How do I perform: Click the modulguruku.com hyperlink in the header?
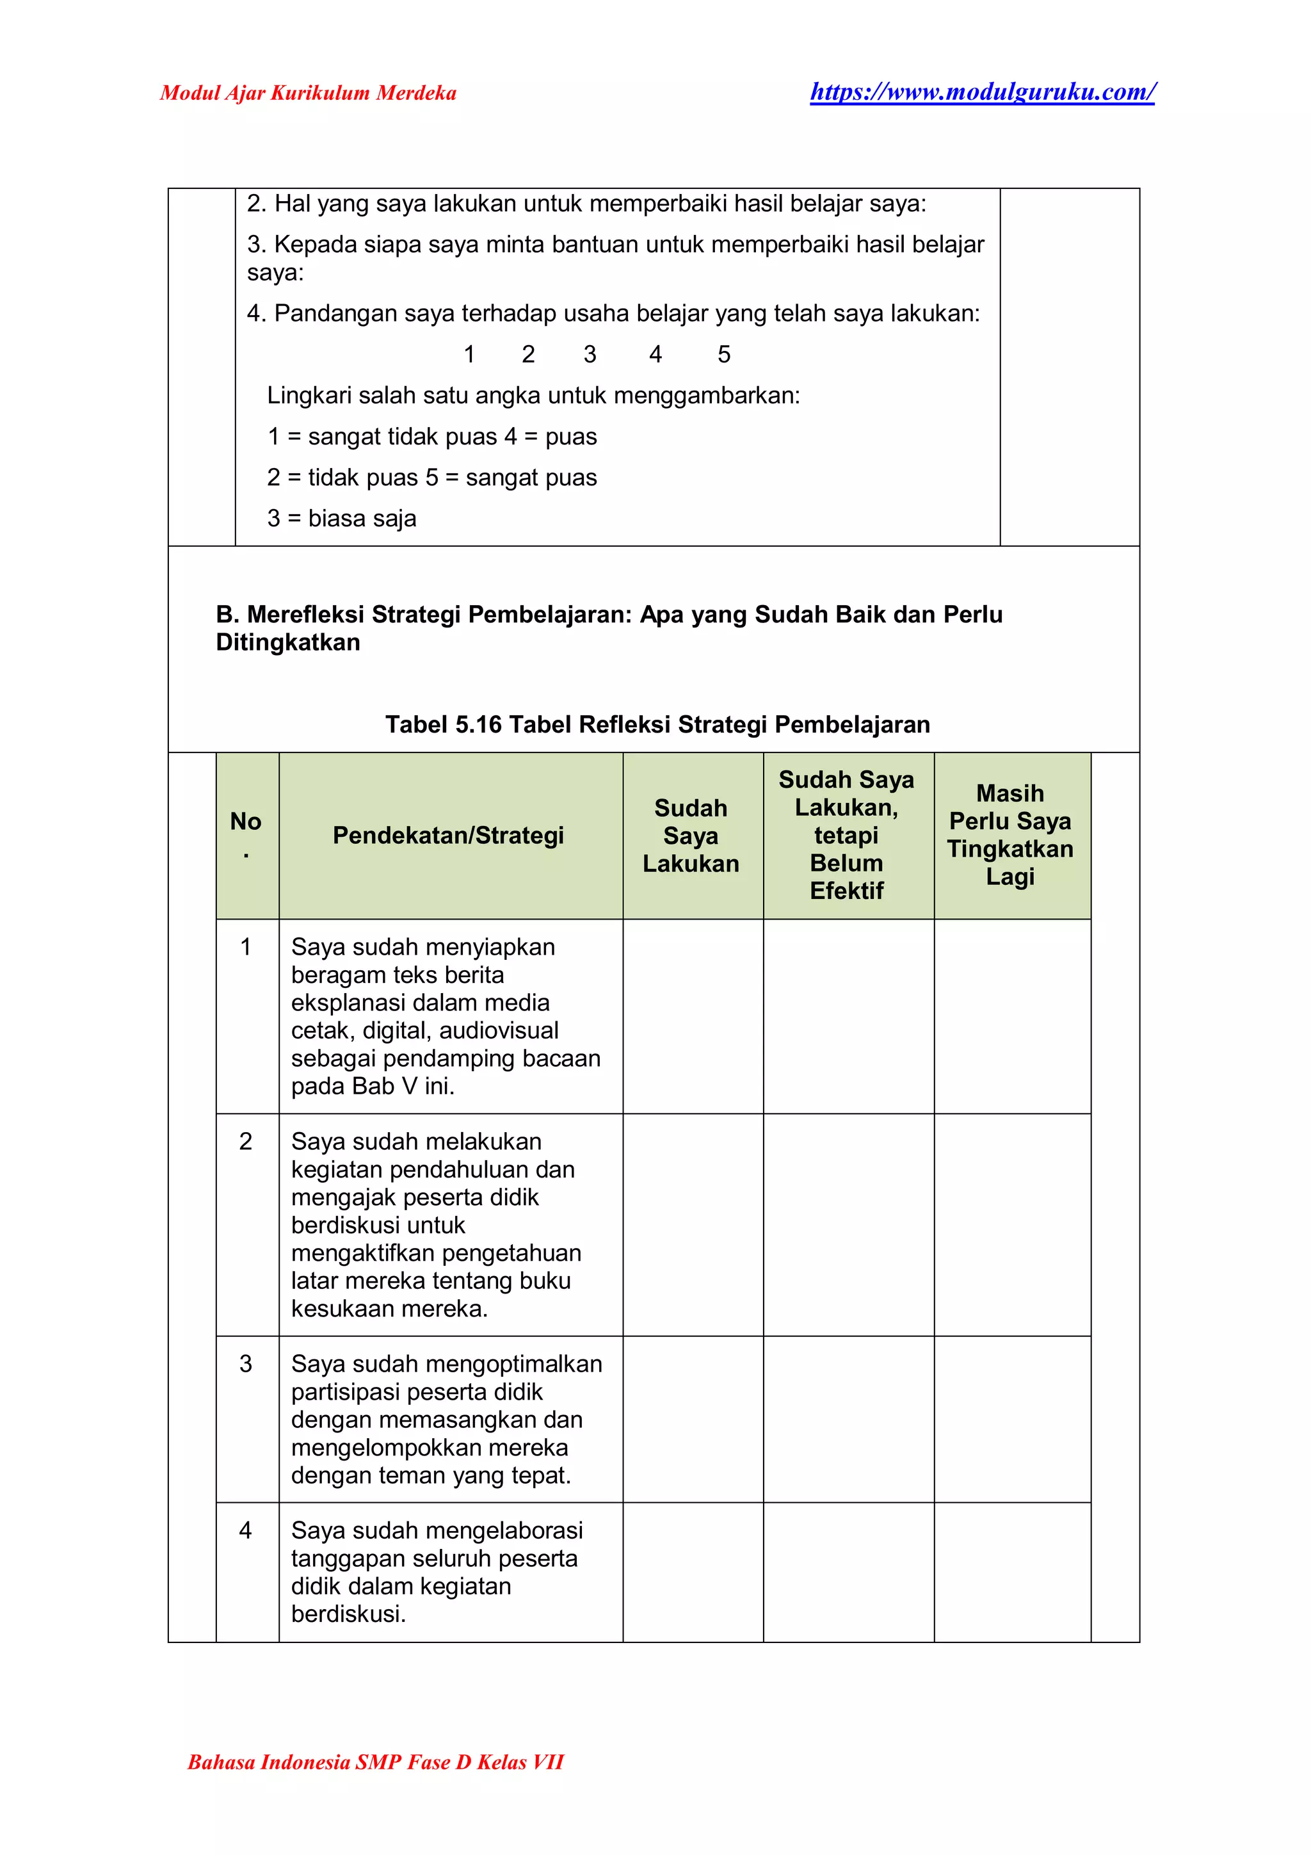pos(982,92)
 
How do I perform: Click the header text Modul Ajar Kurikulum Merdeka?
pos(308,93)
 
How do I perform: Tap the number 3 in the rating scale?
pos(590,354)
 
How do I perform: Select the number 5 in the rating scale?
pos(724,354)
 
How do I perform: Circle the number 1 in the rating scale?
pos(469,354)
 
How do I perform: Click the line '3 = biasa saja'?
pos(342,518)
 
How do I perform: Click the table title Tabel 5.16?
pos(657,724)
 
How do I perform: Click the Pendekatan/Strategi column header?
pos(448,836)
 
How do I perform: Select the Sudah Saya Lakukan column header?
pos(691,836)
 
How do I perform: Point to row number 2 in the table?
pos(246,1142)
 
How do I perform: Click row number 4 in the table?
pos(246,1530)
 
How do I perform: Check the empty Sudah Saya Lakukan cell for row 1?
pos(692,1016)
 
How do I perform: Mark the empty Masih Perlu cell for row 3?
pos(1011,1419)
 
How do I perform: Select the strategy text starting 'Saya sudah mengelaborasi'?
pos(436,1571)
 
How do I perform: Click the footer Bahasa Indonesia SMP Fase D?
pos(376,1762)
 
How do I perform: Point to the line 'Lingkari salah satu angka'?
pos(533,395)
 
